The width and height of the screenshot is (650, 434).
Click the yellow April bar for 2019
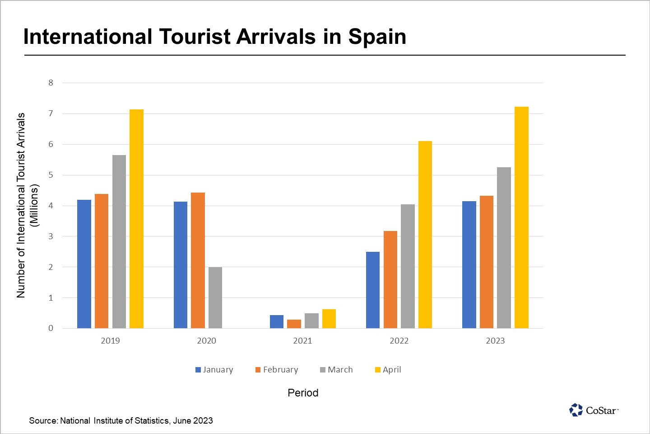(136, 219)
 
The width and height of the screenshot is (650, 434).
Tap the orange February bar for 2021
(294, 324)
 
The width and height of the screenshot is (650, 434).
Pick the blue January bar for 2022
(373, 290)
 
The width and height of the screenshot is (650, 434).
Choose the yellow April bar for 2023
(521, 217)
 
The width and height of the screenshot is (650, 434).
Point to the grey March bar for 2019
(119, 241)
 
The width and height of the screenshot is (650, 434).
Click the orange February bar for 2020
(198, 260)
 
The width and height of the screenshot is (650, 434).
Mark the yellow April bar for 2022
(425, 235)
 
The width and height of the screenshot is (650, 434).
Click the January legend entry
(214, 370)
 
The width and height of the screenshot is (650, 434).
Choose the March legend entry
(336, 370)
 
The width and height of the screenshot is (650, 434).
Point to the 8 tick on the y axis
(51, 83)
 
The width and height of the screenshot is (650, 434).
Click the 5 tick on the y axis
(51, 175)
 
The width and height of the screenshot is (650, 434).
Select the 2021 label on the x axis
(302, 341)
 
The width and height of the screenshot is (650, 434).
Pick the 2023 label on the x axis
(495, 341)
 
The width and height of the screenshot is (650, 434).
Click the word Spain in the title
(377, 37)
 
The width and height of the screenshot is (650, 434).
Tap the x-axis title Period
(303, 393)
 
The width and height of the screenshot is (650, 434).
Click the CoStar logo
(594, 410)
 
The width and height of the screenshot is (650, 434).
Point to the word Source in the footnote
(43, 421)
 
